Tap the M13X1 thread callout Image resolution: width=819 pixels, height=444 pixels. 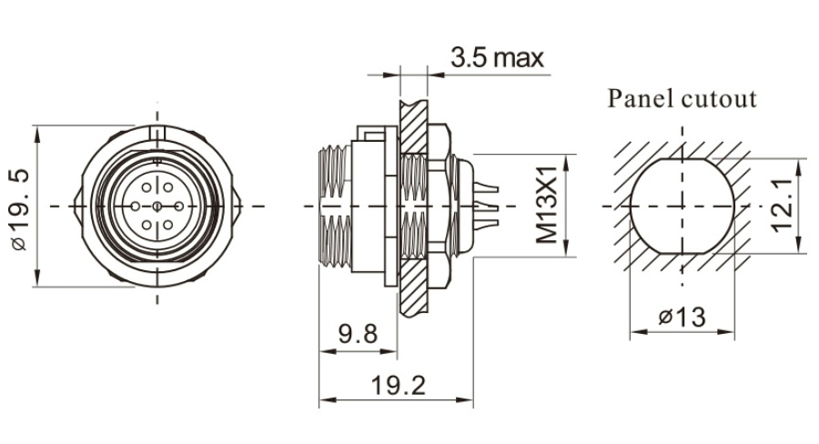tap(547, 207)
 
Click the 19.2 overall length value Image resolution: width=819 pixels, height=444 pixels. tap(398, 385)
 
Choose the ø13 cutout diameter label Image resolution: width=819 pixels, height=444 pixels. tap(682, 318)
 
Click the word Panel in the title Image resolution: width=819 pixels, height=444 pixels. tap(641, 98)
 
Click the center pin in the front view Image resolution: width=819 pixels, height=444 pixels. tap(158, 207)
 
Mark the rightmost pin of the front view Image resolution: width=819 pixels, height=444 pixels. tap(179, 207)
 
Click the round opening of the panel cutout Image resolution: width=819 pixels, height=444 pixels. tap(682, 207)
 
